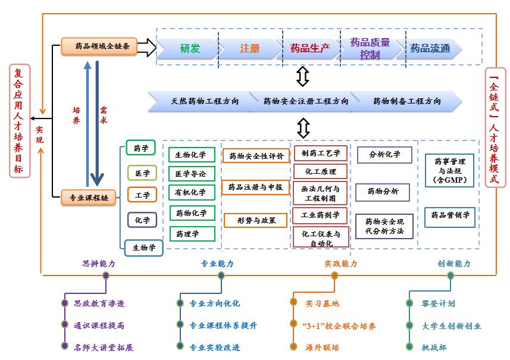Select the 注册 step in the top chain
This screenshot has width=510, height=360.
pos(250,48)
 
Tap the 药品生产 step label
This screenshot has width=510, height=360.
pos(310,48)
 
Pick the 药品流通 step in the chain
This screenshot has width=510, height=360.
pos(430,48)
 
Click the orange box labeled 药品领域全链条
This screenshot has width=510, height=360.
pos(99,46)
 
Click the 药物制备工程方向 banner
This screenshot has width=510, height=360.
pos(407,101)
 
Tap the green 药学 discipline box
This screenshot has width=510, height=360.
pos(141,148)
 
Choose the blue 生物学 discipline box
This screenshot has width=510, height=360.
pos(143,247)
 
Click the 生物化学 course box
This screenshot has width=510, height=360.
pos(191,155)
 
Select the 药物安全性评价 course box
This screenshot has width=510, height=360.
pos(256,156)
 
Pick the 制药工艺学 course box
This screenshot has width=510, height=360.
pos(321,153)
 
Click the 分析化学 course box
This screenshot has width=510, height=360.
pos(384,155)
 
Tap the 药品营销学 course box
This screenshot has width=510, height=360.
pos(450,215)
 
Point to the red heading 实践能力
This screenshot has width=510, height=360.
pos(340,264)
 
